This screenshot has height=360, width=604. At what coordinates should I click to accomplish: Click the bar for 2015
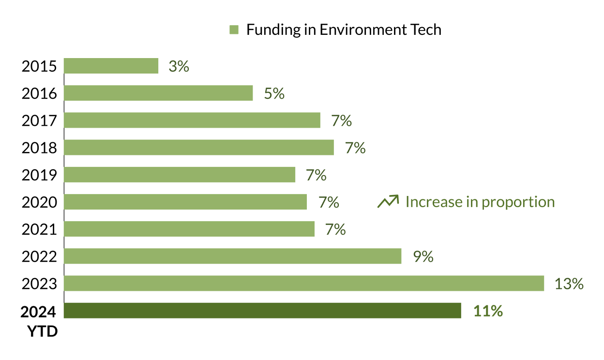click(x=111, y=66)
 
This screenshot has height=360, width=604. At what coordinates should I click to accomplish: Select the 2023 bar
click(x=303, y=283)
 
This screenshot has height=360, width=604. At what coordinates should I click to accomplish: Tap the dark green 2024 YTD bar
click(x=262, y=311)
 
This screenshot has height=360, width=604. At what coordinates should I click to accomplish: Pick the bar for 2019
click(x=179, y=175)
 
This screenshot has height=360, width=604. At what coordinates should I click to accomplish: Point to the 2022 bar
click(x=232, y=256)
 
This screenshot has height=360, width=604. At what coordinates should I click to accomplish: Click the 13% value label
click(x=569, y=284)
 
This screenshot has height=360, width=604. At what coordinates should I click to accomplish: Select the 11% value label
click(x=488, y=311)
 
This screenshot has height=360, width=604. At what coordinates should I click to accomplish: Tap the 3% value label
click(x=179, y=66)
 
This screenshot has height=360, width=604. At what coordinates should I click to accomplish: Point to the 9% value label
click(x=423, y=256)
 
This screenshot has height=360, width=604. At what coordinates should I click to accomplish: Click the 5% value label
click(x=274, y=93)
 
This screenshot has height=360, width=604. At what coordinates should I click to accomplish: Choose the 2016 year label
click(x=39, y=93)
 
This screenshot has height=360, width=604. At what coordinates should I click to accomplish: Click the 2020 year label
click(x=39, y=202)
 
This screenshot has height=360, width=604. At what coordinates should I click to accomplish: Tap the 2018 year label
click(x=39, y=148)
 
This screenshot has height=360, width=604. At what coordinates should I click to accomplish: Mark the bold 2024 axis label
click(x=39, y=312)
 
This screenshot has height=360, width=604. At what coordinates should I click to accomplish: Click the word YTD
click(x=42, y=332)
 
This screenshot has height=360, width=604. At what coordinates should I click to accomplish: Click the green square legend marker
click(x=234, y=30)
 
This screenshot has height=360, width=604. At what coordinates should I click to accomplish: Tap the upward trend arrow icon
click(x=388, y=201)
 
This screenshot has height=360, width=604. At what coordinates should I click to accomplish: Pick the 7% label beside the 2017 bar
click(x=341, y=120)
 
